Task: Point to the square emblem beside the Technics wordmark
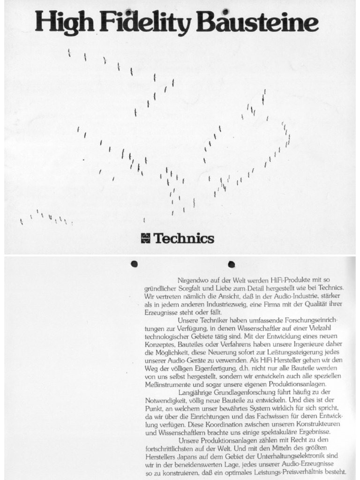145,238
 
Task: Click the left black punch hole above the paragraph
134,263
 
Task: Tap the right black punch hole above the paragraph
231,263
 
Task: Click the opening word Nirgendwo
194,280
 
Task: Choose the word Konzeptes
162,345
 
